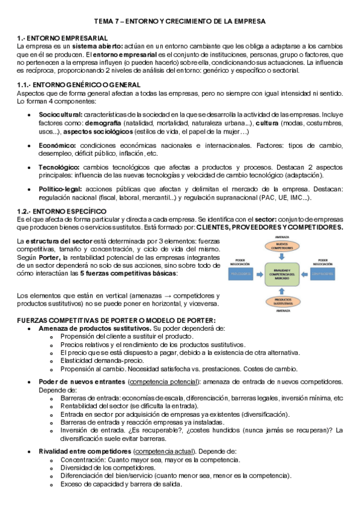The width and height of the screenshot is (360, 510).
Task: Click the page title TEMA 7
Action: click(x=180, y=21)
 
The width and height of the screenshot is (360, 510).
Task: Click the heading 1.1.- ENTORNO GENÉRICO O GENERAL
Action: click(x=79, y=85)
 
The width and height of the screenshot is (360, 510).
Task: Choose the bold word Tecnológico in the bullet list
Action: click(x=59, y=167)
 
